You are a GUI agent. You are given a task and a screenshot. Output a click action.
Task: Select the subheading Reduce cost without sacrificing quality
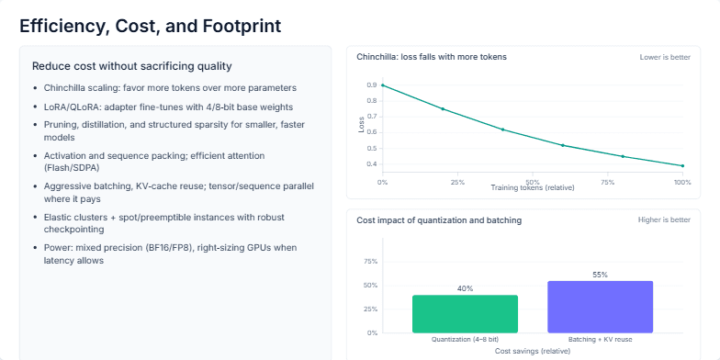[x=131, y=66]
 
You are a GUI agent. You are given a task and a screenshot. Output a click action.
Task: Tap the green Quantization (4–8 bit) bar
[x=465, y=314]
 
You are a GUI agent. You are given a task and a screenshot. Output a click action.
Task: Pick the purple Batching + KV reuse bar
[x=600, y=307]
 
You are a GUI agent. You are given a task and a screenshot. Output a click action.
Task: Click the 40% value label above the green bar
[x=465, y=288]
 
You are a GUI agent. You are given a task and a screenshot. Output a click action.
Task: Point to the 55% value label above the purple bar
[x=600, y=275]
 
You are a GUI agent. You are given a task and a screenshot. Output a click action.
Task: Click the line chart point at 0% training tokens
[x=382, y=85]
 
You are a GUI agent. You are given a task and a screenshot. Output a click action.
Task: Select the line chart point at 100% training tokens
[x=682, y=166]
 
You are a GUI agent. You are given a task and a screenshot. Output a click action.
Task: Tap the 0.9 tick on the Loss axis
[x=371, y=85]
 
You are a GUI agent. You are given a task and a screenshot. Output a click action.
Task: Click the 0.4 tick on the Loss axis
[x=371, y=164]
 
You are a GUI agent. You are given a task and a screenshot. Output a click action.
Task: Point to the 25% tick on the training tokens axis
[x=456, y=183]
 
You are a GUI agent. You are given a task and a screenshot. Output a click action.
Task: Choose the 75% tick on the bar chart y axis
[x=371, y=262]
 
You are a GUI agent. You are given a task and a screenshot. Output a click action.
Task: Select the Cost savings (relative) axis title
[x=532, y=351]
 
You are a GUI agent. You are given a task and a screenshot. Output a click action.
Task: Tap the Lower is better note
[x=665, y=57]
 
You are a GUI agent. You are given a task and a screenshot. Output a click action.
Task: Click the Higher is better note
[x=664, y=220]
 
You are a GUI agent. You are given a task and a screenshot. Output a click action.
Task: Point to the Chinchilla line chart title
[x=431, y=57]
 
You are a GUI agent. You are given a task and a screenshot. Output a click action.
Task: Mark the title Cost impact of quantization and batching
[x=438, y=220]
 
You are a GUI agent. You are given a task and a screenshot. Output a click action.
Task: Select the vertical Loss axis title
[x=361, y=124]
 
